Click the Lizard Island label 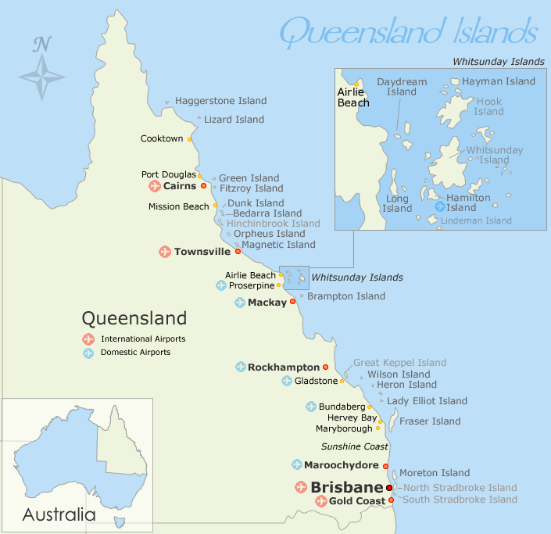tap(234, 120)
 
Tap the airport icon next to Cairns tap(154, 186)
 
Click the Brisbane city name tap(346, 487)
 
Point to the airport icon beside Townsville tap(165, 252)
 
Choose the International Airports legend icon tap(89, 339)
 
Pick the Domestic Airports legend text tap(135, 353)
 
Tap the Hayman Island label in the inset tap(498, 81)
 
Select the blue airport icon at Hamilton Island tap(440, 207)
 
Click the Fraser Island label tap(430, 421)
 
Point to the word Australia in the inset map tap(59, 515)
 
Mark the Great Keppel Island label tap(399, 363)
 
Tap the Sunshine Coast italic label tap(355, 446)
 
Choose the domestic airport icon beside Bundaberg tap(311, 407)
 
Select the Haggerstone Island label tap(220, 101)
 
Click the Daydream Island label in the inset tap(402, 86)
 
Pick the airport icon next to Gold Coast tap(320, 501)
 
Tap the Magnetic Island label tap(278, 245)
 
